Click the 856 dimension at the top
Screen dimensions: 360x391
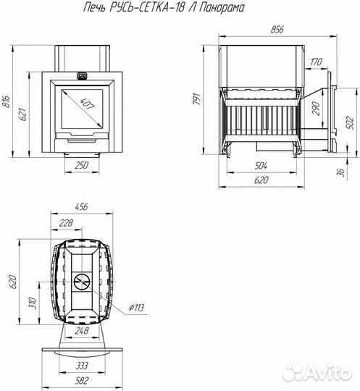click(277, 30)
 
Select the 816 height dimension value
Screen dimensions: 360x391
click(7, 101)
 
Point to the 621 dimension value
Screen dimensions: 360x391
click(22, 114)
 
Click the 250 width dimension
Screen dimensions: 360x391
click(82, 165)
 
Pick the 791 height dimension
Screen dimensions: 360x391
click(196, 99)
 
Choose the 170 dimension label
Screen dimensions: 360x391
click(316, 62)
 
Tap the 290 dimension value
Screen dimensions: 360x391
click(315, 108)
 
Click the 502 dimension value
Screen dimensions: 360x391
click(350, 123)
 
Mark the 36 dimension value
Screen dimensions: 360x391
click(340, 172)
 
